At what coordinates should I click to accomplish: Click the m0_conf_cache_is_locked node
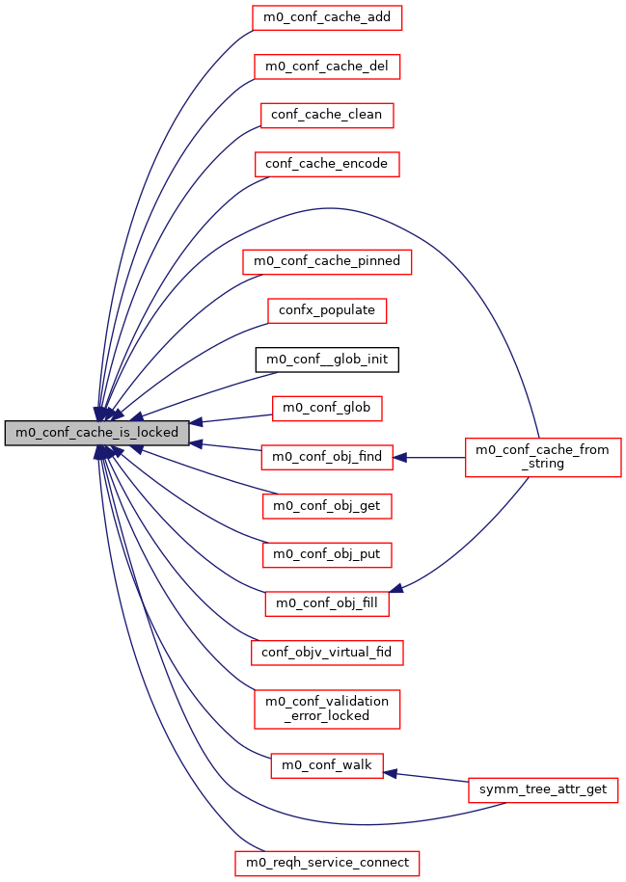(x=96, y=433)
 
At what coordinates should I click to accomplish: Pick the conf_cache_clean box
(x=326, y=115)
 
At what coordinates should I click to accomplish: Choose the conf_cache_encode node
(x=326, y=164)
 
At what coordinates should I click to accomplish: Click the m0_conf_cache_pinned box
(x=326, y=261)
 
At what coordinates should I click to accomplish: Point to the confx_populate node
(x=326, y=310)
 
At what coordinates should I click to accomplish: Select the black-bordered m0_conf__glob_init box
(x=326, y=360)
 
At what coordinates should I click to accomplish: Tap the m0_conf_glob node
(x=326, y=409)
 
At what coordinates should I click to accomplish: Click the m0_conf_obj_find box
(x=326, y=457)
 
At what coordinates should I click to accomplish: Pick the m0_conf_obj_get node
(x=326, y=506)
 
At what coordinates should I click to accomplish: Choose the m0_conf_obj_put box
(x=326, y=555)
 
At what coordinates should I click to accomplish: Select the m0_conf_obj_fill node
(x=326, y=604)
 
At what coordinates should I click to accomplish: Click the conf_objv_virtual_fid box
(x=326, y=653)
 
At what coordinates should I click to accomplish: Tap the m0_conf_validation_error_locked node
(x=326, y=708)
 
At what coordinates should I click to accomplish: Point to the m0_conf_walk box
(x=326, y=765)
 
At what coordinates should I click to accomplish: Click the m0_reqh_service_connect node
(x=326, y=862)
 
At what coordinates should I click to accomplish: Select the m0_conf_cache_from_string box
(x=543, y=457)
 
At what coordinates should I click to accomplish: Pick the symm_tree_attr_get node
(x=543, y=789)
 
